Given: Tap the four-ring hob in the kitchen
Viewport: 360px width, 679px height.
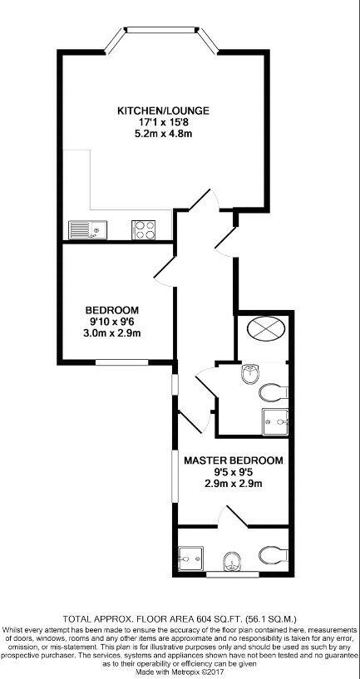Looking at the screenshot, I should (143, 229).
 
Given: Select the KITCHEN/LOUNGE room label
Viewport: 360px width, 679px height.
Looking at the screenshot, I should (163, 110).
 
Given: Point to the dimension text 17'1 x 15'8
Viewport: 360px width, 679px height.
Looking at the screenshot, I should (163, 122).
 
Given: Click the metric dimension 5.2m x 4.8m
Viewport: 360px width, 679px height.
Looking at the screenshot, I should (163, 135).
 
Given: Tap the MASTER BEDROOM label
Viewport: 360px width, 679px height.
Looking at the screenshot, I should (233, 460).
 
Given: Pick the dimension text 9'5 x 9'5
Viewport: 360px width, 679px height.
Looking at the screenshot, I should (233, 473).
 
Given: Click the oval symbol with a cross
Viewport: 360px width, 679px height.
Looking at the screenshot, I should (265, 331).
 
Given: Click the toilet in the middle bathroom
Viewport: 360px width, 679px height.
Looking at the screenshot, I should (271, 391).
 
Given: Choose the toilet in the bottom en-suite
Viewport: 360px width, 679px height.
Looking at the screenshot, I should (271, 554).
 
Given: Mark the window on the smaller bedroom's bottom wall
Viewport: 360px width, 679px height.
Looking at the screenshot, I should (115, 362).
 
